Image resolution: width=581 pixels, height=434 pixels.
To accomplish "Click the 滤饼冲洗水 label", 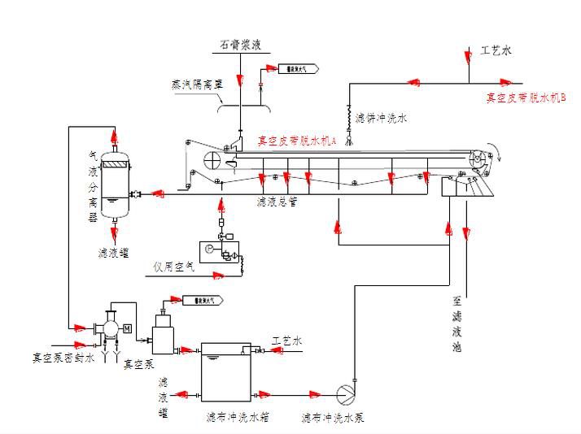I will click(x=380, y=118).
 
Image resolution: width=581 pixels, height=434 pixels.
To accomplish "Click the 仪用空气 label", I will click(x=173, y=266).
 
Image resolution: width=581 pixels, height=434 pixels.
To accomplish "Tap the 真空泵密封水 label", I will click(x=63, y=357).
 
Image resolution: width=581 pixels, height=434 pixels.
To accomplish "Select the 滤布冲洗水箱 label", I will click(x=237, y=418).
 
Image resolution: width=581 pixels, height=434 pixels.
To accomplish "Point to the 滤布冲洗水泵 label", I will click(x=332, y=418).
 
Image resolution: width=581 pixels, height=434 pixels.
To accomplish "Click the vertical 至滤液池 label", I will click(x=457, y=323).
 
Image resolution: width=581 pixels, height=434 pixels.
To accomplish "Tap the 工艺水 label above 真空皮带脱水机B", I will click(x=495, y=50).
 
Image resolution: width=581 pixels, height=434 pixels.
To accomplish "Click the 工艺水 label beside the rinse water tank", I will click(x=286, y=341).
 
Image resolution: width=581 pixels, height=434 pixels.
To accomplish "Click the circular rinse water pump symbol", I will click(x=345, y=392).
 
